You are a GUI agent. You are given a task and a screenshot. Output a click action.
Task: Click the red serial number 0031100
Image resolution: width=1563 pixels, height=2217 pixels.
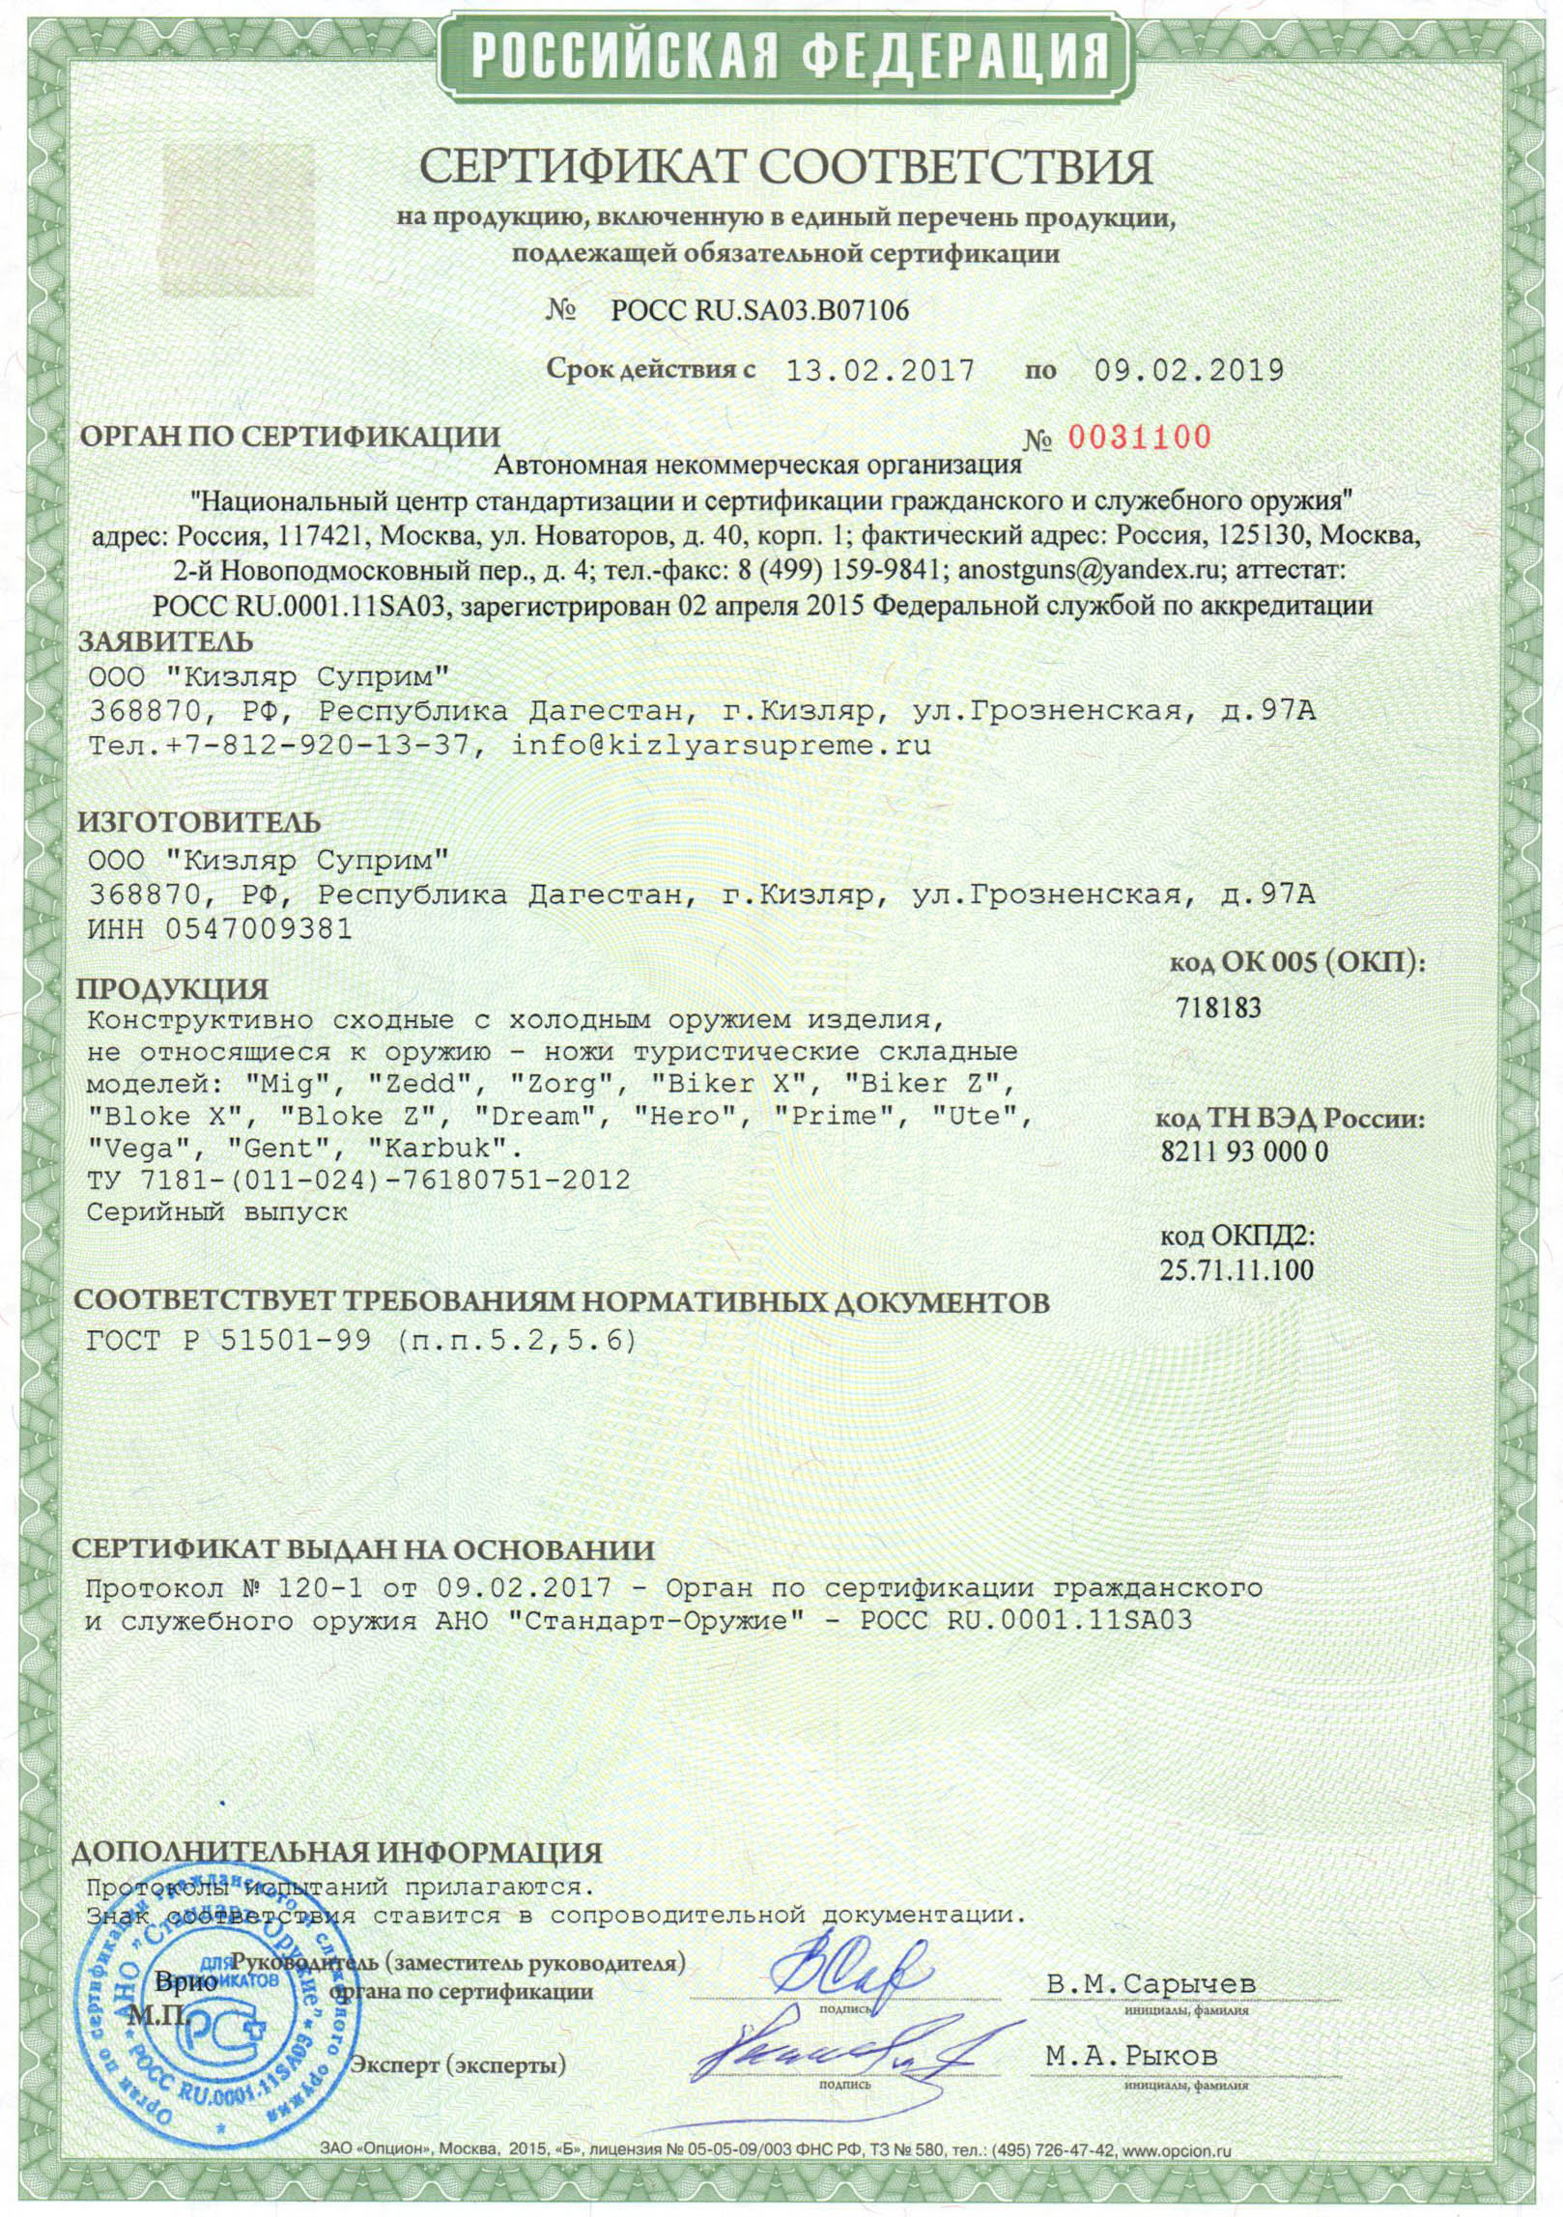[x=1137, y=438]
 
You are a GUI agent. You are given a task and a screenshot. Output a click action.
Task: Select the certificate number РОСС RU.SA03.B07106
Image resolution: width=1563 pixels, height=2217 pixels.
[x=759, y=310]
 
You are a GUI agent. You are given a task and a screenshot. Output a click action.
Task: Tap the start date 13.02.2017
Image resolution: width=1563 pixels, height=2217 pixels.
[x=880, y=371]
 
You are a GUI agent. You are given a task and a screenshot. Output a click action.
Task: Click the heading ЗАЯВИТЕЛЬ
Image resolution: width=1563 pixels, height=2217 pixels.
[x=165, y=641]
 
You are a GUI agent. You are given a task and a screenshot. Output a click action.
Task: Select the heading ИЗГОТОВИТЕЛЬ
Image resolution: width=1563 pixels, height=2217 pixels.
[x=198, y=822]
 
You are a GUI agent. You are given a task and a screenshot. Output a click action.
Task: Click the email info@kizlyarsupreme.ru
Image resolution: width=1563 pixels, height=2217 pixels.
[x=721, y=745]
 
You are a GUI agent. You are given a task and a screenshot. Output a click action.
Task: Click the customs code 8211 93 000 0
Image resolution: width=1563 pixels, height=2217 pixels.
[x=1243, y=1151]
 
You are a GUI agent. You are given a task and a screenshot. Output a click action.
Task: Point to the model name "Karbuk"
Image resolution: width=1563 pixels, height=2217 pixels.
[x=444, y=1149]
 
